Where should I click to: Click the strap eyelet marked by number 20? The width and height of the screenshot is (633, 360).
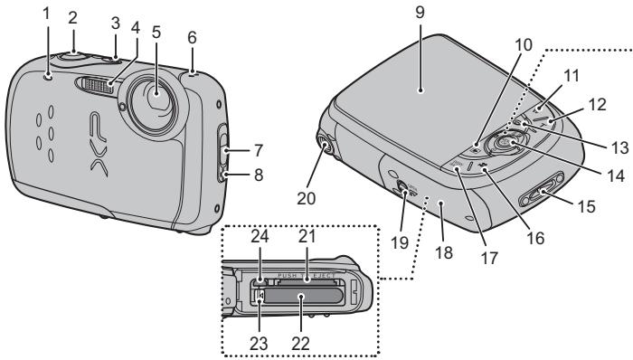click(x=324, y=140)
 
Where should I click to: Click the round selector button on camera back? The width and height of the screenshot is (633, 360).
click(x=504, y=140)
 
